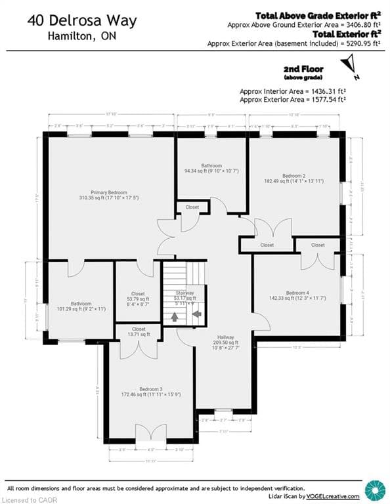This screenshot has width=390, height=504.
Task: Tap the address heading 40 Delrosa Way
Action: pyautogui.click(x=82, y=20)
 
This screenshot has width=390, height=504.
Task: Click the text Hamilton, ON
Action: pyautogui.click(x=82, y=37)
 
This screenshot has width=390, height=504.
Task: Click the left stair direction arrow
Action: pyautogui.click(x=175, y=316)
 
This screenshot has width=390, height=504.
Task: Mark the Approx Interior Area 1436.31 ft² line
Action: pyautogui.click(x=293, y=91)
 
